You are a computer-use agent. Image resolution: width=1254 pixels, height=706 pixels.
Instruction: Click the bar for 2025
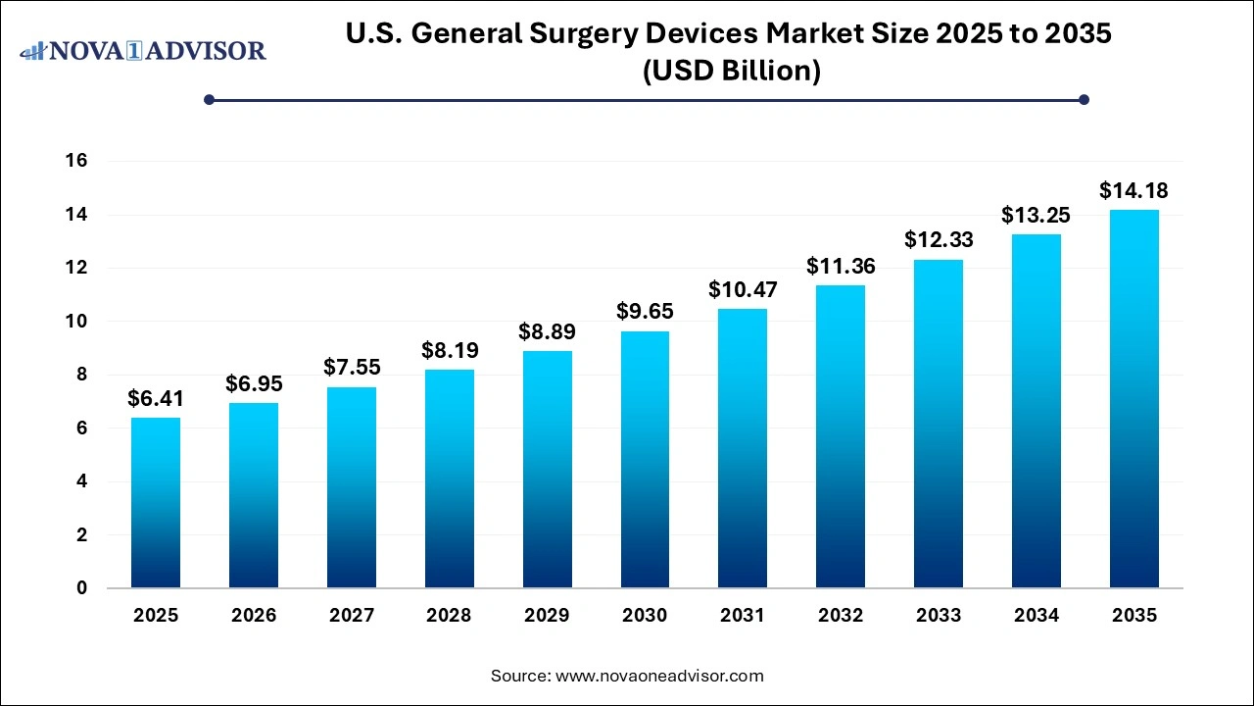point(156,503)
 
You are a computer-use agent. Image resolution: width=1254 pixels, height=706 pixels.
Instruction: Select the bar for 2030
point(645,460)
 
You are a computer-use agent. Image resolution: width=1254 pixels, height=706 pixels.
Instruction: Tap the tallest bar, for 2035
point(1133,399)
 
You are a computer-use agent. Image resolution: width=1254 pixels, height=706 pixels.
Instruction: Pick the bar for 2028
point(449,479)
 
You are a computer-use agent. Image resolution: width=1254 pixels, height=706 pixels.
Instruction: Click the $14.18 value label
point(1133,190)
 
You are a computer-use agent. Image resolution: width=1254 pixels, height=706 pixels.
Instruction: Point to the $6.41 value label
point(156,398)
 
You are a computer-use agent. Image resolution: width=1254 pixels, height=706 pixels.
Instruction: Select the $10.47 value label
point(743,289)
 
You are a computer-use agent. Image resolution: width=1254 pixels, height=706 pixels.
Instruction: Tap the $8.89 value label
point(547,331)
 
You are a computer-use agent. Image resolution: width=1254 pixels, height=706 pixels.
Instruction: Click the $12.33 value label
point(938,239)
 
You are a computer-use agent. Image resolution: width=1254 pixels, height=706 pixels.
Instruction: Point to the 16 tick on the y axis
point(76,161)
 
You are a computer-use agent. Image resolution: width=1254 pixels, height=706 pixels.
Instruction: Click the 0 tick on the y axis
point(82,588)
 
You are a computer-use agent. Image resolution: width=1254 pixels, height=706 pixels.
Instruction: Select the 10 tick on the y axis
point(76,322)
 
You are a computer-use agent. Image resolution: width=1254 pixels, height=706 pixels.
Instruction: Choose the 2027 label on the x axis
point(352,616)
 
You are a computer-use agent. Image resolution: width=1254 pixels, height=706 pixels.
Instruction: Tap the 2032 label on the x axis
point(841,616)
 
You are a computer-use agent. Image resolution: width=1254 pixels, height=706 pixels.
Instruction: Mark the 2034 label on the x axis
point(1036,616)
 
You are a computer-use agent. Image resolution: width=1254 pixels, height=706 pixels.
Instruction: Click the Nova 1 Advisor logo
point(143,50)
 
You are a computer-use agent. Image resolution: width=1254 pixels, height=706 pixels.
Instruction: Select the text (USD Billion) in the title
point(730,71)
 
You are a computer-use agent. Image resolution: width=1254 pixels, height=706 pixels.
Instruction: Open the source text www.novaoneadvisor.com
point(659,676)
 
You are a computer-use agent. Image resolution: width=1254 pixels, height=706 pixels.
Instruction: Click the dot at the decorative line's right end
point(1084,99)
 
